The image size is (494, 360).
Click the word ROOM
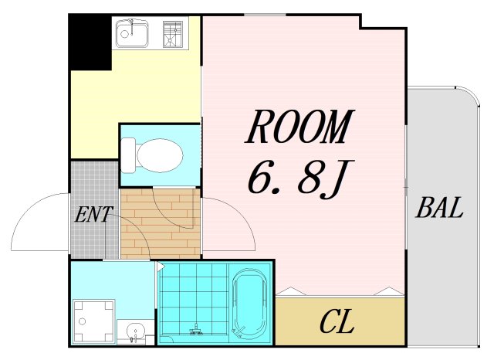coord(299,127)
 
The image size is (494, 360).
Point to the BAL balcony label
coord(440,208)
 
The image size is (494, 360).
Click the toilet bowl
coord(161,155)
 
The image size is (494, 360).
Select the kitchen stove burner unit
coord(172,34)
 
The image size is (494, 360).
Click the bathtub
coord(250,303)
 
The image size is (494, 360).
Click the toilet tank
coord(128,155)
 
